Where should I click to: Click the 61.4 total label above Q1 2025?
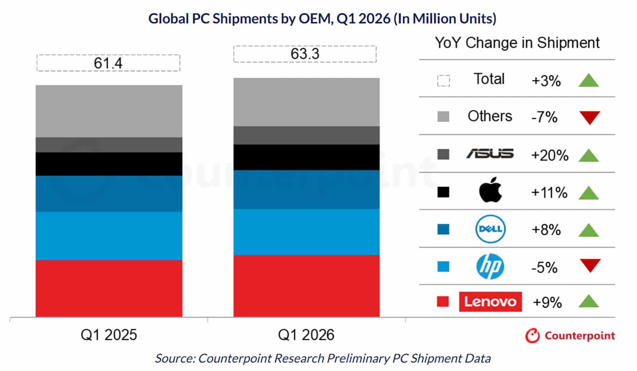pyautogui.click(x=108, y=63)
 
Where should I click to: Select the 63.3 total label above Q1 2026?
pyautogui.click(x=305, y=54)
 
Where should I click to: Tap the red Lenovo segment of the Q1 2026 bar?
pyautogui.click(x=306, y=286)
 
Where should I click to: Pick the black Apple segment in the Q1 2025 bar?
pyautogui.click(x=109, y=164)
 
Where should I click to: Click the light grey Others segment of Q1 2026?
pyautogui.click(x=306, y=102)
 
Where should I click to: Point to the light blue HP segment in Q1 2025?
pyautogui.click(x=109, y=236)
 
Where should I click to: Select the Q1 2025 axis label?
pyautogui.click(x=109, y=335)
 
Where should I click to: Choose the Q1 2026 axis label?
pyautogui.click(x=306, y=335)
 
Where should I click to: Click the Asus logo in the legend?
pyautogui.click(x=490, y=154)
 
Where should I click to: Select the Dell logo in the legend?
pyautogui.click(x=490, y=229)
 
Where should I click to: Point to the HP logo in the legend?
pyautogui.click(x=490, y=266)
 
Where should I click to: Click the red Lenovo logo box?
pyautogui.click(x=490, y=301)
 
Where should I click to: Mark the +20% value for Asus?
pyautogui.click(x=549, y=155)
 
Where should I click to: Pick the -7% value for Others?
pyautogui.click(x=544, y=117)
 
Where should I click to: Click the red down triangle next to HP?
pyautogui.click(x=590, y=265)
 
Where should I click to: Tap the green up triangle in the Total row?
pyautogui.click(x=588, y=80)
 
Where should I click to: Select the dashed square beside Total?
pyautogui.click(x=444, y=81)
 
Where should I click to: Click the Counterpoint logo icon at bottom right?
pyautogui.click(x=532, y=336)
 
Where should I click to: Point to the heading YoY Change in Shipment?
pyautogui.click(x=517, y=43)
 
